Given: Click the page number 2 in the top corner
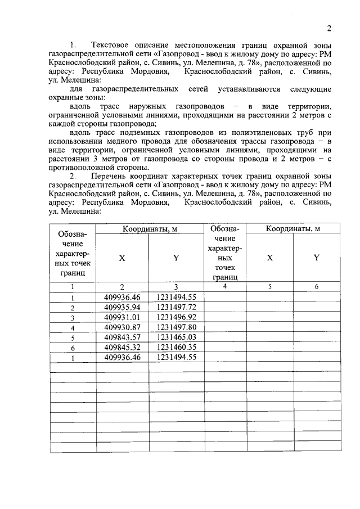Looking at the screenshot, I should click(x=330, y=29).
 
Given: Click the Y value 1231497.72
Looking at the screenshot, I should click(x=176, y=307).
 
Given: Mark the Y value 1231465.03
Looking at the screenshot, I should click(x=176, y=337).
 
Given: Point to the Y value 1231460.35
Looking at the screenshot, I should click(x=176, y=347).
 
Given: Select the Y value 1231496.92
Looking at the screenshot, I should click(x=176, y=317).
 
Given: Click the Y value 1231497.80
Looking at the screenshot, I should click(x=176, y=327).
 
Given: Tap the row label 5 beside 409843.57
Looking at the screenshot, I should click(x=73, y=337).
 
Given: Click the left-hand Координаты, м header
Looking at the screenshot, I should click(x=149, y=228).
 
